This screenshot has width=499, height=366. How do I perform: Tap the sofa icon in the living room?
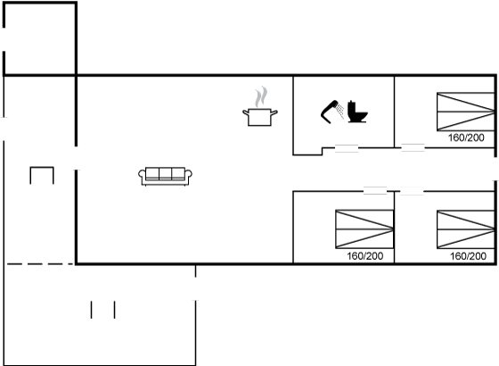pos(165,177)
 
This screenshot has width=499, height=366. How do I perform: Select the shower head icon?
pos(330,112)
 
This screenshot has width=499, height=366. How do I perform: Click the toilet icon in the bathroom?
pos(357,112)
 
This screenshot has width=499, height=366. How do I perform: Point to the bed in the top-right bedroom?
pos(466,112)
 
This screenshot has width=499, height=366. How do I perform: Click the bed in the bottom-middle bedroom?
pos(364,229)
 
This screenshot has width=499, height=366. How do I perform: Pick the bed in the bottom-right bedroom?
pos(466,229)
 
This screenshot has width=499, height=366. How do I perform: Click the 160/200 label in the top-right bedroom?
pos(466,137)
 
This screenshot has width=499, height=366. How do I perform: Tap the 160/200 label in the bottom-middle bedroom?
pos(365,255)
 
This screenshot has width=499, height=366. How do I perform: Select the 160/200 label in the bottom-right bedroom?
pos(468,256)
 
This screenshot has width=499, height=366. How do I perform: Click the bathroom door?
pos(347,148)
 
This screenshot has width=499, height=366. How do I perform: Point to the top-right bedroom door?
pos(413,147)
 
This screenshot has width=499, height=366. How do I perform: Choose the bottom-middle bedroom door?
pos(375,191)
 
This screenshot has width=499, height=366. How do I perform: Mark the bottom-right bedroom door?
pos(412,191)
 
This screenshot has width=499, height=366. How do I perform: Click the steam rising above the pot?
pos(261,97)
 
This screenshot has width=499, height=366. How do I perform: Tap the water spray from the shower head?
pos(340,111)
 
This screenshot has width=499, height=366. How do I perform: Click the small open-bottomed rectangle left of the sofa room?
pos(42,167)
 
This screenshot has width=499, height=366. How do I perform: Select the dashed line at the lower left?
pos(40,264)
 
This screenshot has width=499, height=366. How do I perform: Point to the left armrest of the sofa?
pos(142,174)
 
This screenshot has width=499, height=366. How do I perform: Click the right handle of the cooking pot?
pos(274,112)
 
